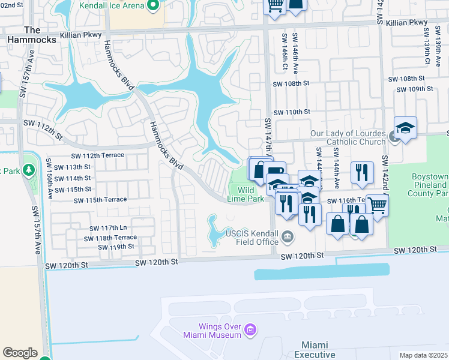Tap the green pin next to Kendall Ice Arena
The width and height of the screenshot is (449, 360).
pos(153,6)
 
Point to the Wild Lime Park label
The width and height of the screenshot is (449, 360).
pos(246,194)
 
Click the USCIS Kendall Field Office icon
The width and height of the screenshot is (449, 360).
pos(288,237)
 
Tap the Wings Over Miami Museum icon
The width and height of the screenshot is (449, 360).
pos(251,329)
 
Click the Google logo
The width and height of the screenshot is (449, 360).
pos(20,352)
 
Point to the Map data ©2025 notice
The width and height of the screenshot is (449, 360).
pos(424,355)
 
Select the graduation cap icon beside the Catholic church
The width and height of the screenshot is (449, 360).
pos(405,129)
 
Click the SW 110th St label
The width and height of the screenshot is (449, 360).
pos(292,112)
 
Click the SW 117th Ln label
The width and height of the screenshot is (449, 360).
pos(109,228)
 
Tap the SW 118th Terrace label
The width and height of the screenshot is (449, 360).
pos(113,238)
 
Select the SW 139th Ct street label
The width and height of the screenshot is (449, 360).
pos(427,52)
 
